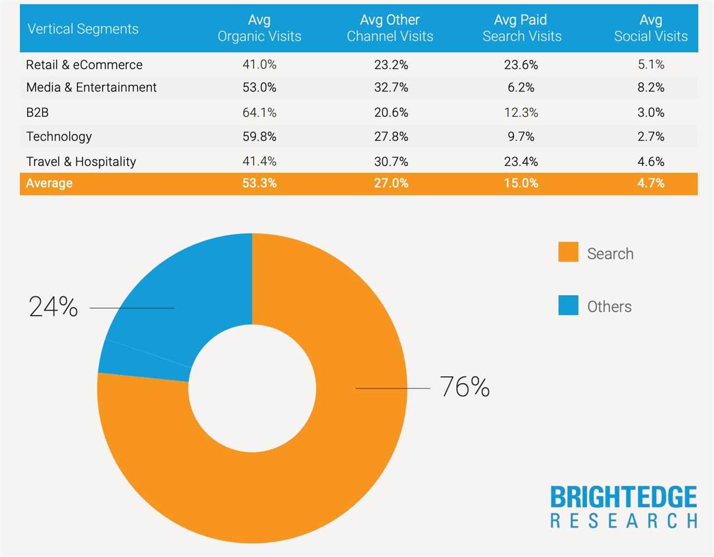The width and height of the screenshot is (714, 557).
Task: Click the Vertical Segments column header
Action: tap(83, 29)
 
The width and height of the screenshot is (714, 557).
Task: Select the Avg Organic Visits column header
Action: tap(259, 28)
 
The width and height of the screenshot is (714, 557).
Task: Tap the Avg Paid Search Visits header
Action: tap(522, 28)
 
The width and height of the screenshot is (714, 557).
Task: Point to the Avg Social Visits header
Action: tap(650, 28)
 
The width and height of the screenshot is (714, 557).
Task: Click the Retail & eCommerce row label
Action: tap(84, 65)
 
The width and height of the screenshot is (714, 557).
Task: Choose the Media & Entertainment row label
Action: tap(91, 88)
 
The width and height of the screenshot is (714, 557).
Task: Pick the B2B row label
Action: tap(37, 113)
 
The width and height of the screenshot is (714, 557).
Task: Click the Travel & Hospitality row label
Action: tap(81, 162)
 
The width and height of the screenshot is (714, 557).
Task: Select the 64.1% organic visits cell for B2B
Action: tap(259, 113)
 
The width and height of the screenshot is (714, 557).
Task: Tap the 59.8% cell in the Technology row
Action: tap(259, 137)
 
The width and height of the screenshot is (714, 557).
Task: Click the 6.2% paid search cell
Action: tap(521, 88)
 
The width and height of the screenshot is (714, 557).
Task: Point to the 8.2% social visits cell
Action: tap(650, 88)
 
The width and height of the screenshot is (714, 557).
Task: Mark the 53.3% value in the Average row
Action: tap(259, 184)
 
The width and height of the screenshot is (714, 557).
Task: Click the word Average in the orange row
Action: tap(49, 184)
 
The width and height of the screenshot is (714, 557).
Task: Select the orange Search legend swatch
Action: tap(568, 252)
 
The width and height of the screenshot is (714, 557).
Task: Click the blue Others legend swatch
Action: tap(568, 305)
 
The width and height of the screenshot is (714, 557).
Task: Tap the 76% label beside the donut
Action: tap(465, 387)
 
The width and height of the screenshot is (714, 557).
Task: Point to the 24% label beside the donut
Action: tap(54, 307)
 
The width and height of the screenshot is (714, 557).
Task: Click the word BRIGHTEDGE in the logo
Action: tap(623, 497)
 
